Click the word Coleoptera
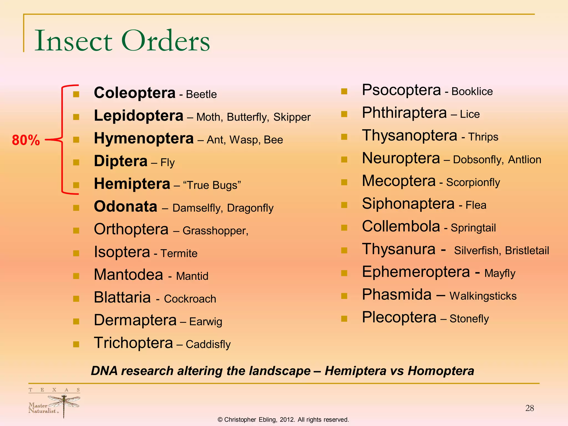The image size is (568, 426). click(x=135, y=93)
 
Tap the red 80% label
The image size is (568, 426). click(x=26, y=140)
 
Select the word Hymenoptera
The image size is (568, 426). click(x=144, y=138)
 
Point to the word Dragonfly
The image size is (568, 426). click(x=250, y=208)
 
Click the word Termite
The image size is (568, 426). click(x=179, y=253)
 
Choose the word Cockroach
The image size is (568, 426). click(x=190, y=299)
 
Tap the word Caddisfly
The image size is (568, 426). click(x=208, y=344)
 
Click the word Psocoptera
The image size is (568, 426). click(x=401, y=90)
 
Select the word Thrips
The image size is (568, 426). click(x=483, y=137)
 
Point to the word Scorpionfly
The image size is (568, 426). click(x=473, y=182)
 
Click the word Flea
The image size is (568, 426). click(x=476, y=205)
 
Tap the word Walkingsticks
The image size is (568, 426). click(x=483, y=296)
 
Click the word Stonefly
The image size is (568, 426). click(x=469, y=319)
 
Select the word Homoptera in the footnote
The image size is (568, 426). click(x=441, y=371)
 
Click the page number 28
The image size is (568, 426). click(x=529, y=408)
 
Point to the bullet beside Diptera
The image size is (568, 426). click(x=76, y=162)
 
